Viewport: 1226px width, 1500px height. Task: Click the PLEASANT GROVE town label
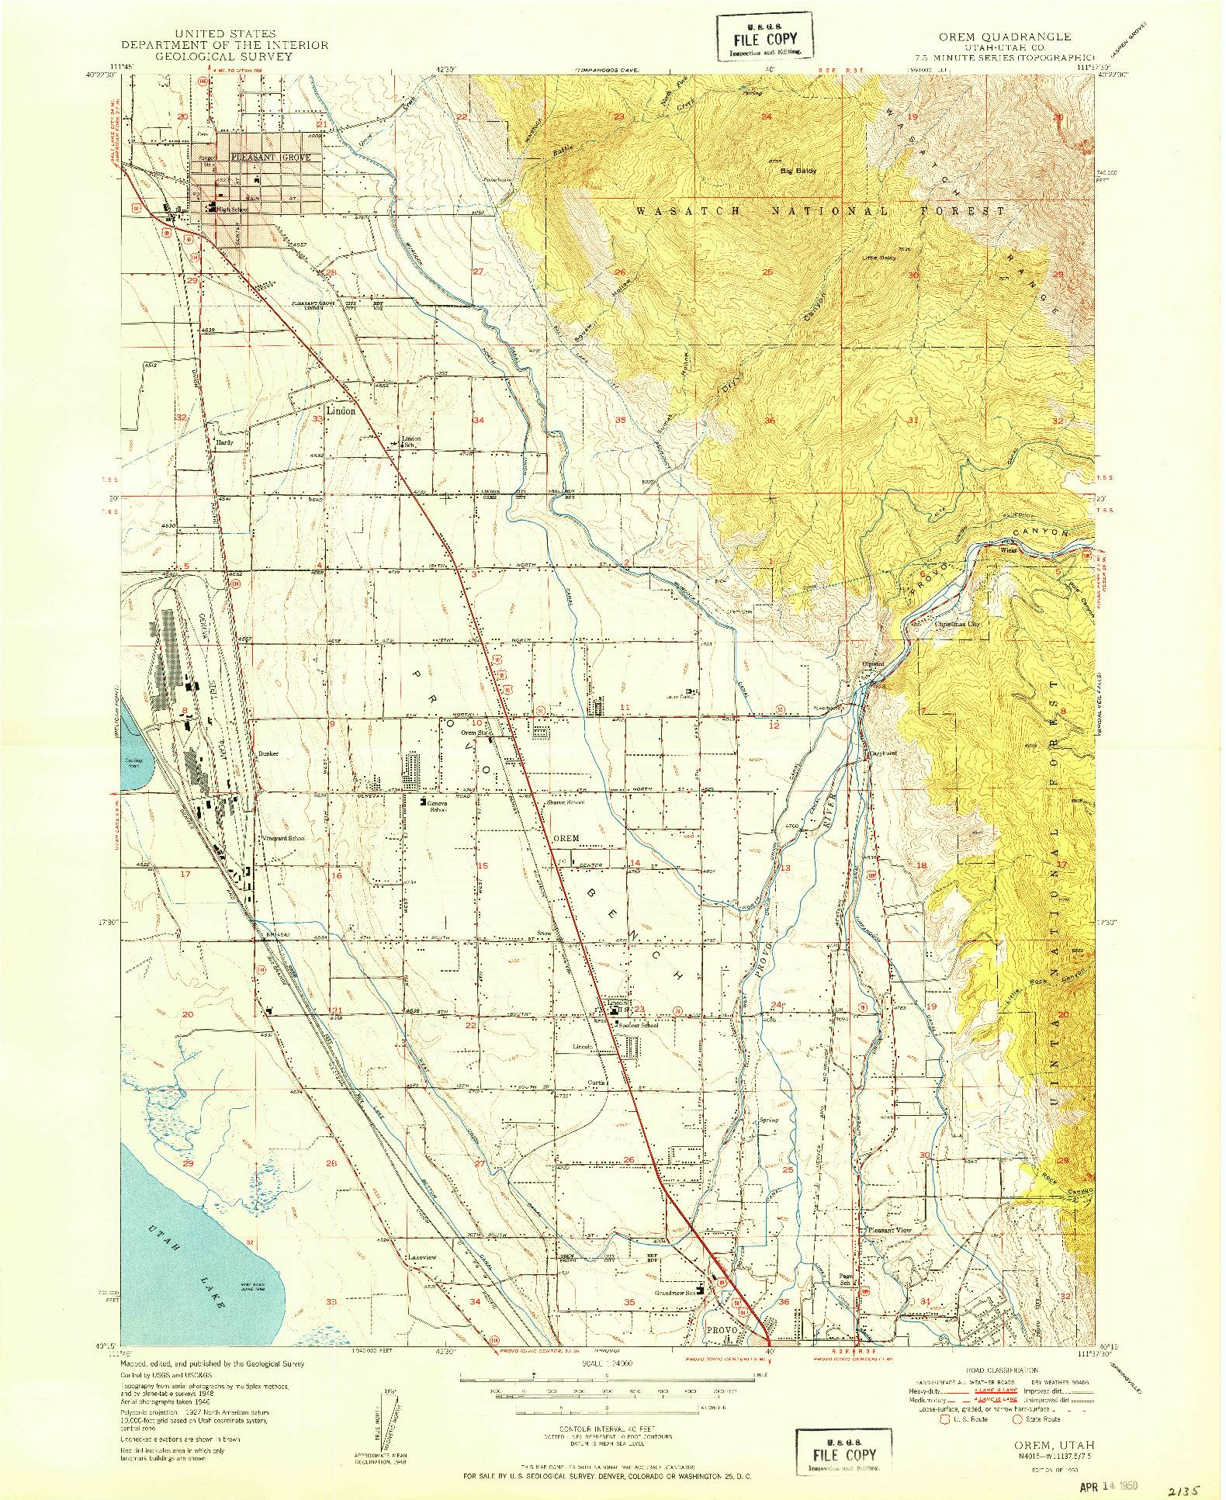pyautogui.click(x=270, y=157)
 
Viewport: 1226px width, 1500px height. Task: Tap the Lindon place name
pyautogui.click(x=340, y=411)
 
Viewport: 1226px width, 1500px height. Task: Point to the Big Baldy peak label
pyautogui.click(x=798, y=170)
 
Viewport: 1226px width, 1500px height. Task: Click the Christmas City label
pyautogui.click(x=957, y=623)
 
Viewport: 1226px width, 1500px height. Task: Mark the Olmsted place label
pyautogui.click(x=873, y=664)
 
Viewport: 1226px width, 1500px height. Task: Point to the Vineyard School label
pyautogui.click(x=283, y=838)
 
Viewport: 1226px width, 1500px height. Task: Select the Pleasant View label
pyautogui.click(x=889, y=1230)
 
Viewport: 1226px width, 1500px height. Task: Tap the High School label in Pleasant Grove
pyautogui.click(x=232, y=210)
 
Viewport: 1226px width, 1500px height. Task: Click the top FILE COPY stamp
pyautogui.click(x=764, y=39)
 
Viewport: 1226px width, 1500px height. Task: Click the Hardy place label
pyautogui.click(x=224, y=442)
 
